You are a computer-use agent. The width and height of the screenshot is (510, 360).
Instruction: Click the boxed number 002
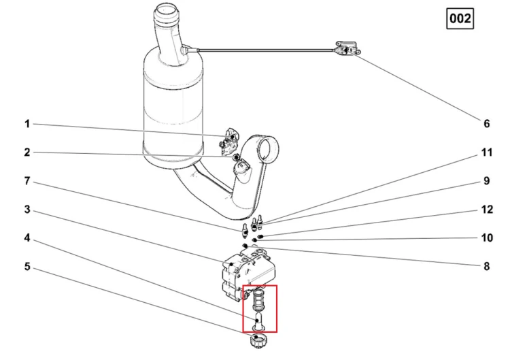pyautogui.click(x=460, y=18)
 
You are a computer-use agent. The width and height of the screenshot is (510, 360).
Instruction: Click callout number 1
pyautogui.click(x=27, y=124)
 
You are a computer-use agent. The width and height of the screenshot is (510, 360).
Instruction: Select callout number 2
pyautogui.click(x=27, y=152)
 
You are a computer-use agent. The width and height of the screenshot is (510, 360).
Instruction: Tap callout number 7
pyautogui.click(x=27, y=181)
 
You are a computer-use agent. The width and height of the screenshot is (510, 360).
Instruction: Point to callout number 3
pyautogui.click(x=27, y=210)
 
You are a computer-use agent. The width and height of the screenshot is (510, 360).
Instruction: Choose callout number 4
pyautogui.click(x=27, y=238)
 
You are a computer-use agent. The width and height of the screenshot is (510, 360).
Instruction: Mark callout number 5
pyautogui.click(x=27, y=267)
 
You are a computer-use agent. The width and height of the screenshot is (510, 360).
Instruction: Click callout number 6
pyautogui.click(x=487, y=124)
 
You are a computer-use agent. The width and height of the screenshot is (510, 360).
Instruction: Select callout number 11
pyautogui.click(x=487, y=152)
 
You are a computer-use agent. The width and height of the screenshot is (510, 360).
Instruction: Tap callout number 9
pyautogui.click(x=487, y=181)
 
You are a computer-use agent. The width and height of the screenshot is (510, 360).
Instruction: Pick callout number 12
pyautogui.click(x=487, y=210)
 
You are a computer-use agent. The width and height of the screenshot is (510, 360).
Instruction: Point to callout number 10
pyautogui.click(x=487, y=238)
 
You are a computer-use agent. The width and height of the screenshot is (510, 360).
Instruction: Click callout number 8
pyautogui.click(x=487, y=267)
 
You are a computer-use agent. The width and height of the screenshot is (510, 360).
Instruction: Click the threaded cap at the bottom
pyautogui.click(x=258, y=342)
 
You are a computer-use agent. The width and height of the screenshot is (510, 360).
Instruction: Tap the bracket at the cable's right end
pyautogui.click(x=347, y=48)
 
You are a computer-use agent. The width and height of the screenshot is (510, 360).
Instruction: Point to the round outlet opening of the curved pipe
pyautogui.click(x=268, y=150)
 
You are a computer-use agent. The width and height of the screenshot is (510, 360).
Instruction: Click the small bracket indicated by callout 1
pyautogui.click(x=230, y=141)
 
